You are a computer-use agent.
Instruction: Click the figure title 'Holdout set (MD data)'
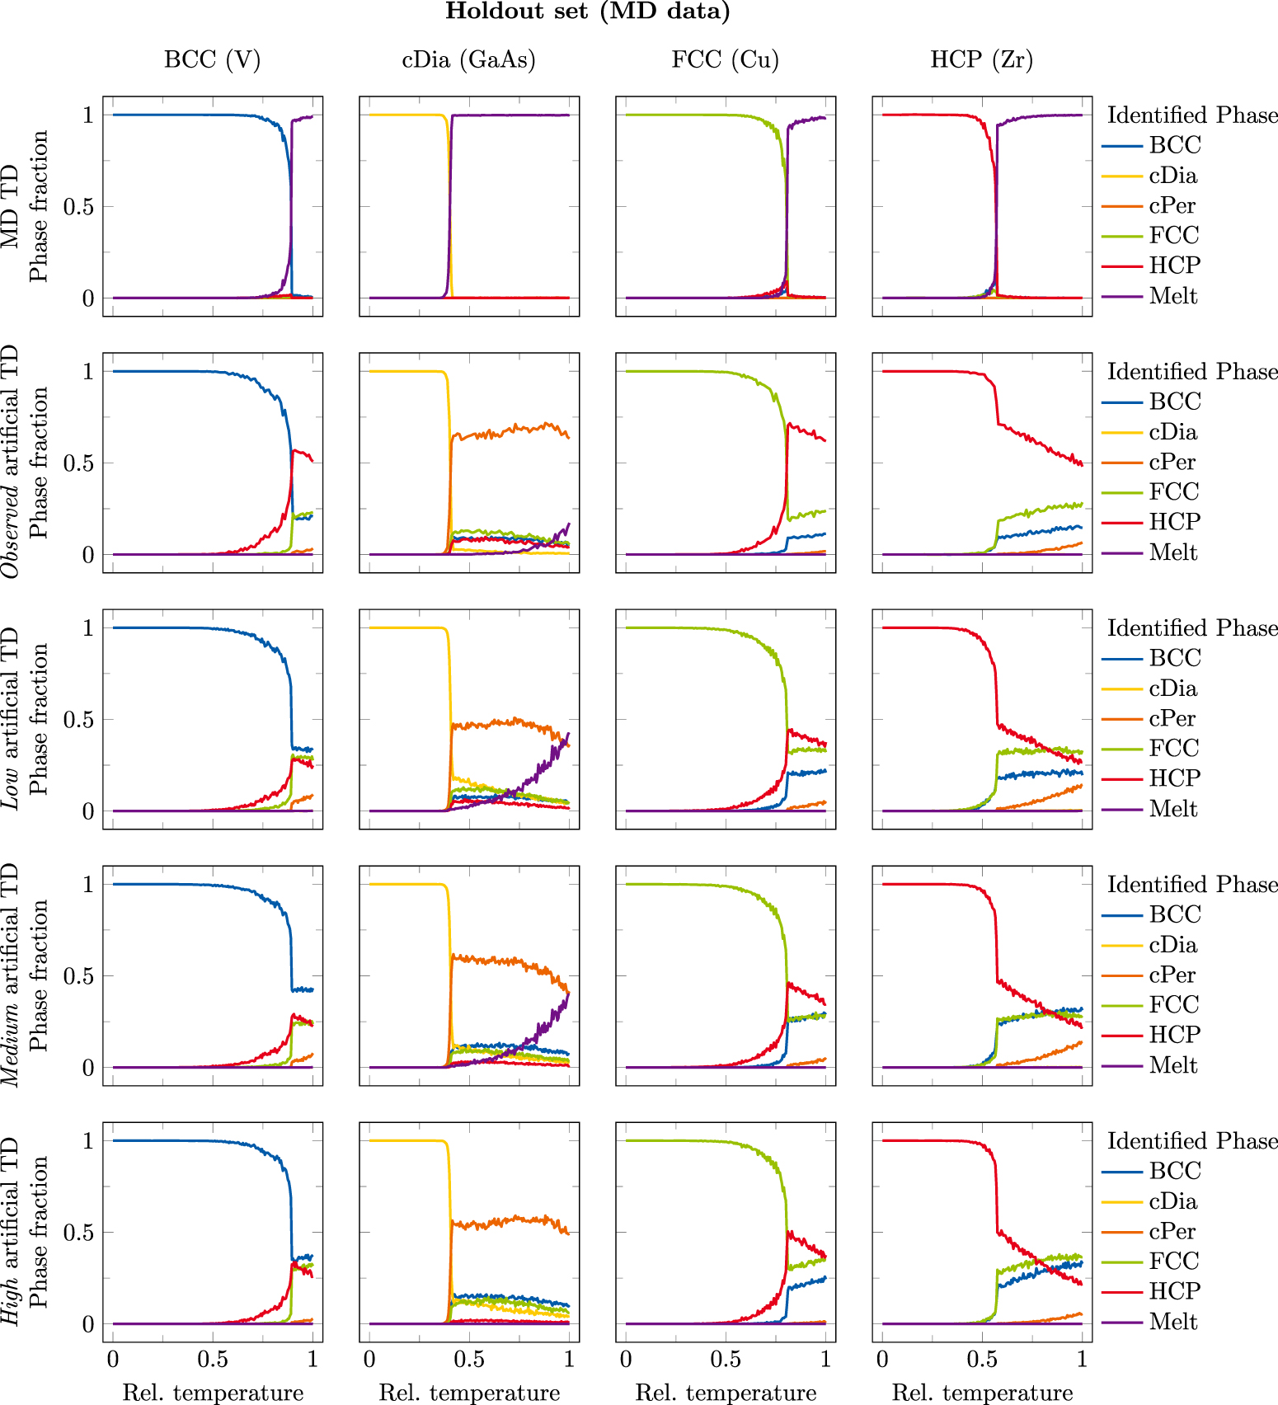pos(587,12)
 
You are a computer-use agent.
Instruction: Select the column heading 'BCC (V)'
pos(212,60)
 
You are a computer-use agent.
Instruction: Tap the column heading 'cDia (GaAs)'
pos(468,60)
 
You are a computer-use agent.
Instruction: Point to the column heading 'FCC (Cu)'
pos(725,60)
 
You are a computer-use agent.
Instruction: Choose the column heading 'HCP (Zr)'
pos(981,60)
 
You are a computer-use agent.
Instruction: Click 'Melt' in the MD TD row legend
pos(1172,296)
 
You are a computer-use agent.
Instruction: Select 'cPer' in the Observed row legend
pos(1172,462)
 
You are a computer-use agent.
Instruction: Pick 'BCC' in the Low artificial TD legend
pos(1175,658)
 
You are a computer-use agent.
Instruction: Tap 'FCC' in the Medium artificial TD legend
pos(1174,1004)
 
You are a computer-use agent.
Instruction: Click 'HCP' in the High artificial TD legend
pos(1175,1291)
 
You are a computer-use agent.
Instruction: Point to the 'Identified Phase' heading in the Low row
pos(1192,628)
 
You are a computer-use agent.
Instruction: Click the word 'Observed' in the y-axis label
pos(11,531)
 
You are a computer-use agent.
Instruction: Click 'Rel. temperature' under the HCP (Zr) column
pos(982,1393)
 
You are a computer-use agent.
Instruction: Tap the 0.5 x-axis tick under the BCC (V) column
pos(213,1359)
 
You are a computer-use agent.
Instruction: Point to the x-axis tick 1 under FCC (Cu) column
pos(825,1359)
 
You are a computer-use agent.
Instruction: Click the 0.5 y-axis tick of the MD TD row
pos(78,207)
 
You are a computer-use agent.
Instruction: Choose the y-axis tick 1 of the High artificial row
pos(87,1141)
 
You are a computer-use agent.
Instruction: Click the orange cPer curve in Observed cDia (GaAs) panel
pos(511,430)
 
